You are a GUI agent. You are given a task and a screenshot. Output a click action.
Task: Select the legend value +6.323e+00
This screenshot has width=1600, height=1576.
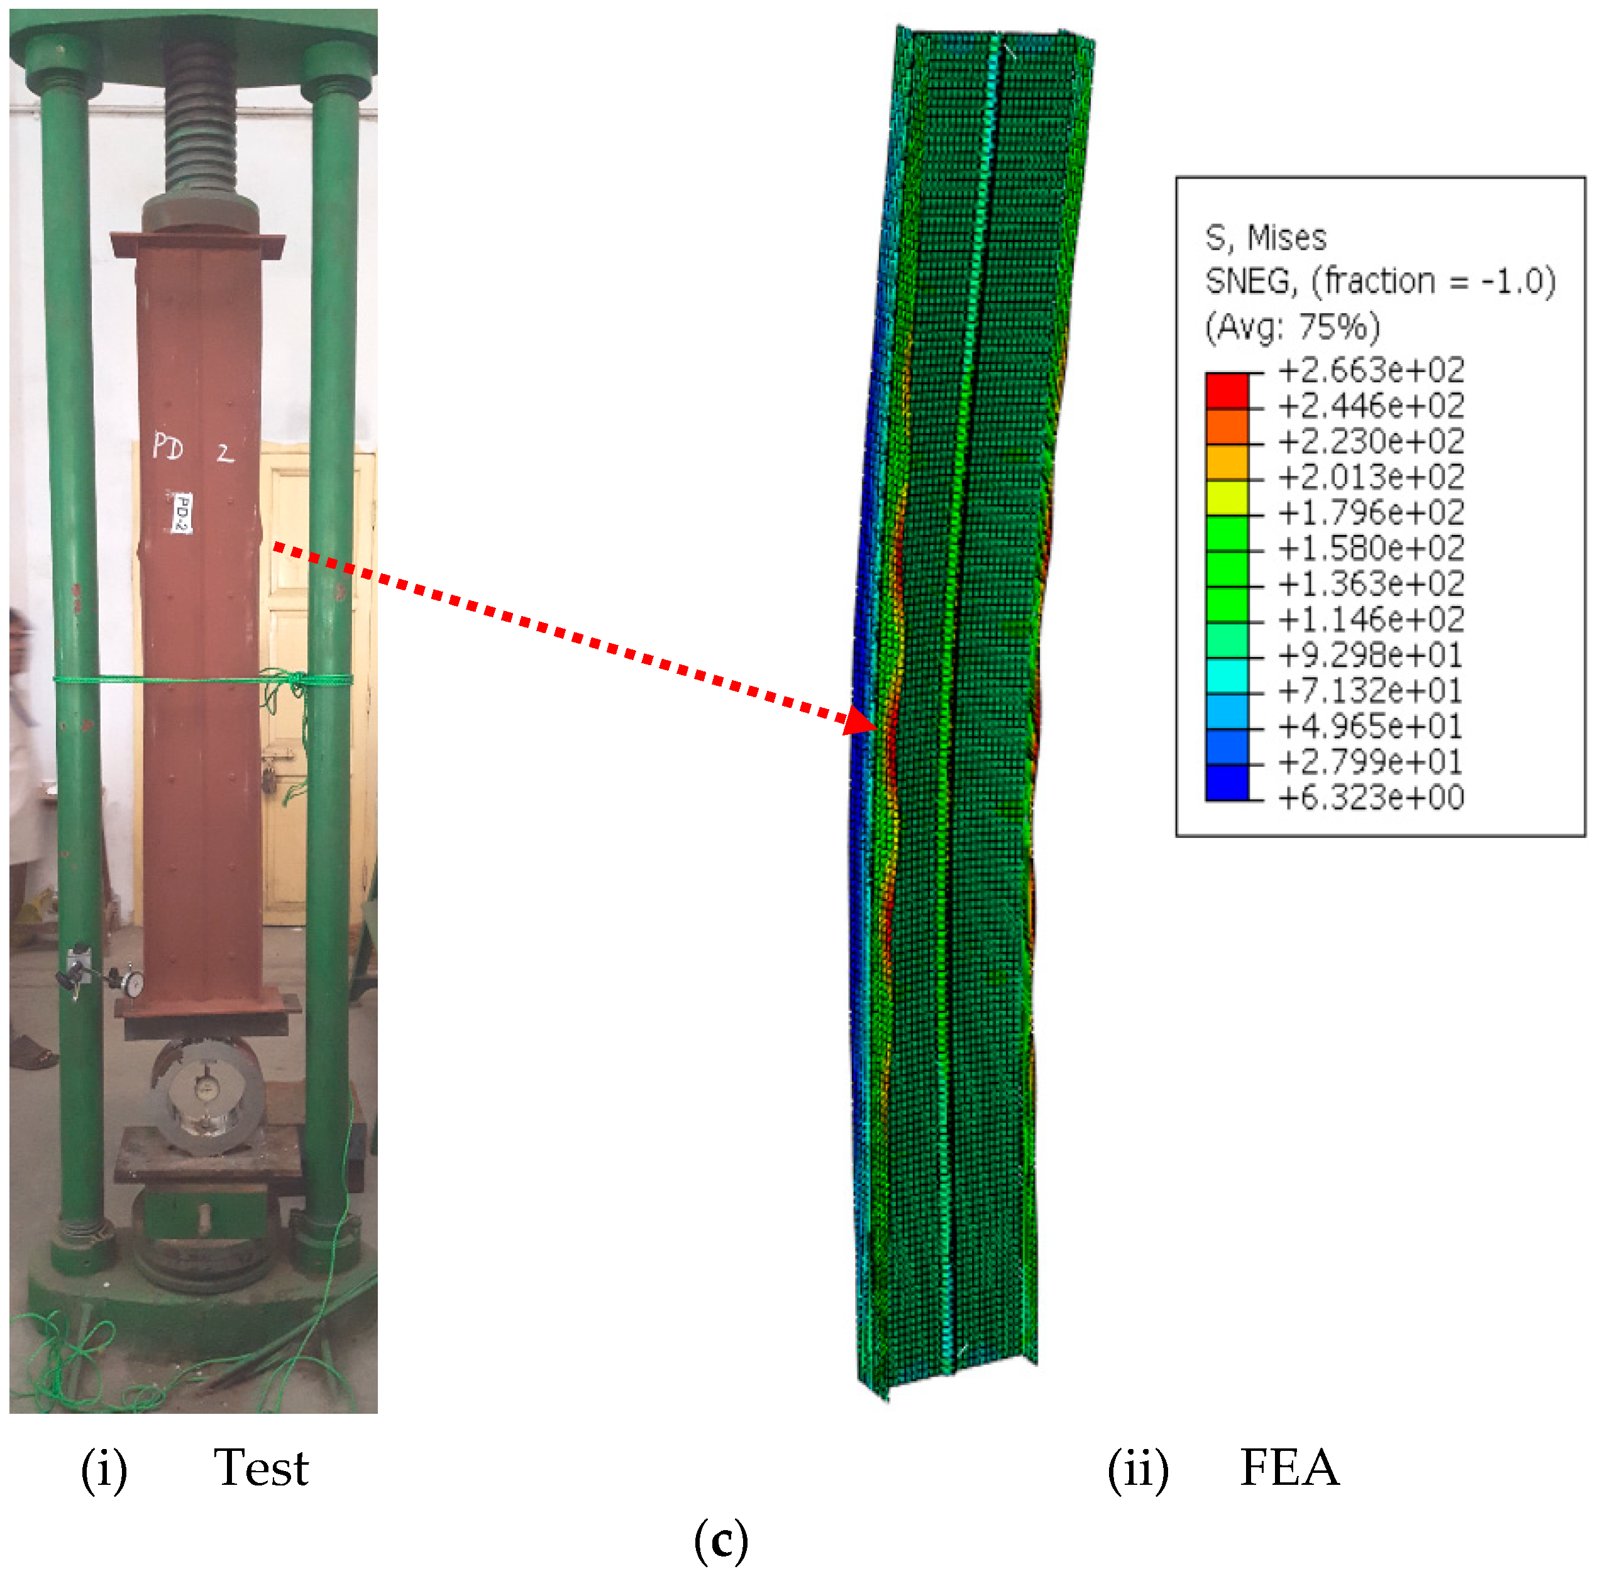tap(1371, 796)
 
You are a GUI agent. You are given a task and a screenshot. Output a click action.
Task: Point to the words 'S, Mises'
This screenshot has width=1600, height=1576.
tap(1266, 238)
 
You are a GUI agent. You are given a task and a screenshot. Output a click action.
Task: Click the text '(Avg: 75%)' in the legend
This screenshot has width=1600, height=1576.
tap(1292, 327)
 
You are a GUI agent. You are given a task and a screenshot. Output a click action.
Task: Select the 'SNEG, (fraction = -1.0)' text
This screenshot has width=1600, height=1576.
tap(1380, 282)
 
